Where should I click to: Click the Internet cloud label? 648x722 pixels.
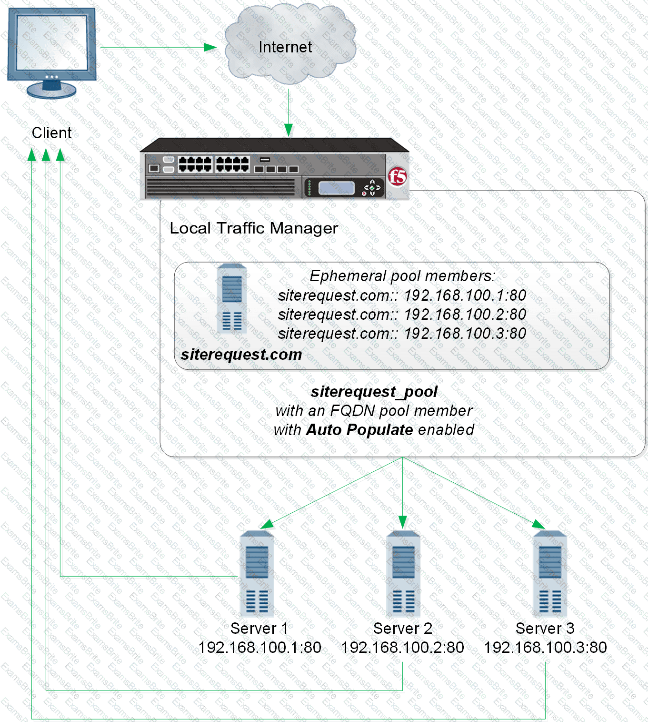[x=285, y=47]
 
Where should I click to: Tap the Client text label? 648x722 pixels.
[x=51, y=133]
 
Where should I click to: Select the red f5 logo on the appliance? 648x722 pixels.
[x=397, y=177]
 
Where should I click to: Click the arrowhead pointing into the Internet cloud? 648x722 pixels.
[x=210, y=47]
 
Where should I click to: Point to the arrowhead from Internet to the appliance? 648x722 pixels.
[x=288, y=130]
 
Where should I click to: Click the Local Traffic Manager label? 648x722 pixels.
[x=254, y=228]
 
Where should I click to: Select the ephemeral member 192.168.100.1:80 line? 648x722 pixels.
[x=402, y=295]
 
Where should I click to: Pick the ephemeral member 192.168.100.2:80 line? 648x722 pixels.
[x=402, y=315]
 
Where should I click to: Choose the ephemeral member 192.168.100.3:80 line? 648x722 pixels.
[x=402, y=334]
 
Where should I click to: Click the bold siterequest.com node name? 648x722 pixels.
[x=241, y=355]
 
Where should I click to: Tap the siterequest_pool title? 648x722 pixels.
[x=374, y=392]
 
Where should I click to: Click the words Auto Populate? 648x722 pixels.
[x=359, y=430]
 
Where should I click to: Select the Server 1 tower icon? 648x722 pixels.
[x=257, y=574]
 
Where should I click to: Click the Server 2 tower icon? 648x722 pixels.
[x=403, y=574]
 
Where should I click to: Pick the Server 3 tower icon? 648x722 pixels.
[x=550, y=574]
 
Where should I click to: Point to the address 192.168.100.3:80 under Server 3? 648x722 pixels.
[x=545, y=648]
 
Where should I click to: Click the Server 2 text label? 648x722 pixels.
[x=403, y=629]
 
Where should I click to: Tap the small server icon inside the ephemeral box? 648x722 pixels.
[x=232, y=299]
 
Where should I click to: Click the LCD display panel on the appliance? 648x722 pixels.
[x=336, y=188]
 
